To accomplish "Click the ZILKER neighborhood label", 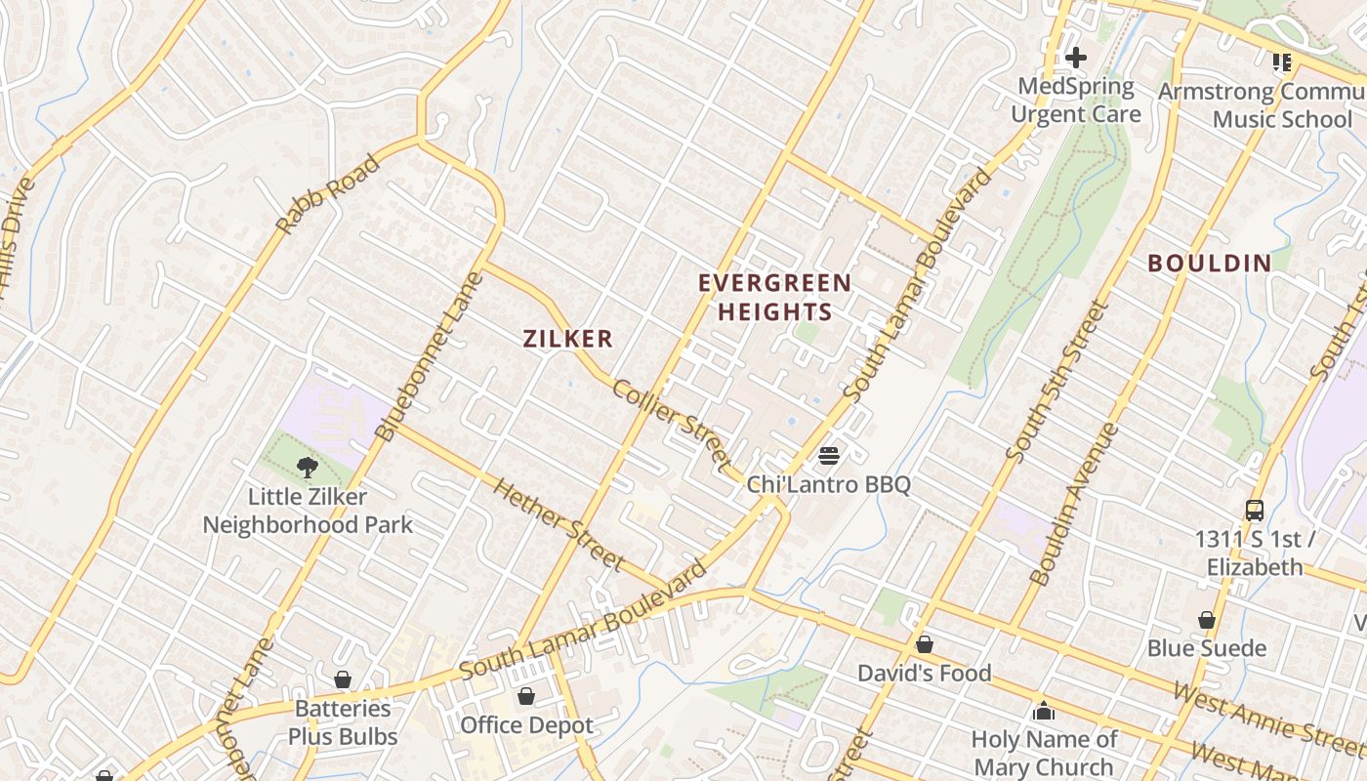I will click(567, 339).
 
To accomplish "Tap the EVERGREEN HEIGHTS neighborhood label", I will click(774, 298).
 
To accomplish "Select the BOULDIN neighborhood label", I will click(1209, 263).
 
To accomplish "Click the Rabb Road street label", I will click(327, 195).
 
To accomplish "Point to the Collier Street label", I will click(672, 423).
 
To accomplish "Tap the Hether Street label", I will click(558, 522).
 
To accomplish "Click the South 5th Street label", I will click(1056, 382).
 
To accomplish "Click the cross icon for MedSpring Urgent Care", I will click(1075, 58).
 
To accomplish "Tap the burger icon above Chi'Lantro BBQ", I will click(829, 455).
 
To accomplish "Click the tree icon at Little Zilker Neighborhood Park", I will click(308, 468).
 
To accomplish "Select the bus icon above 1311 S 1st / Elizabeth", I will click(1254, 511).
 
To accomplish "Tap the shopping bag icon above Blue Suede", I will click(1207, 620).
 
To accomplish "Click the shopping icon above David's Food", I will click(924, 644).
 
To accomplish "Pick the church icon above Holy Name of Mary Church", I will click(1043, 710).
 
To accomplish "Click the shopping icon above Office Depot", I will click(526, 696).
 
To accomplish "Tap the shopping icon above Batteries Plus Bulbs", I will click(343, 679).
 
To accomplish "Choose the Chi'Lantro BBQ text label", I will click(828, 484).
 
